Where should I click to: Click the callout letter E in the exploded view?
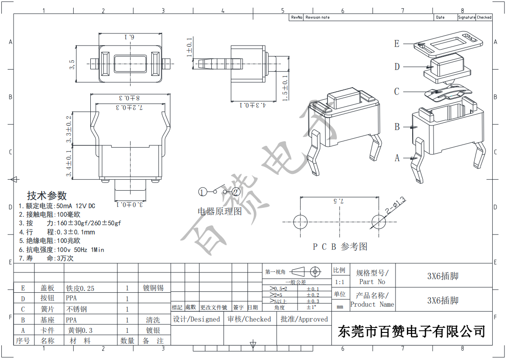point(396,44)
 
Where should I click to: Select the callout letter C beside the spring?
point(396,92)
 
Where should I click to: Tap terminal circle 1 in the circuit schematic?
point(202,192)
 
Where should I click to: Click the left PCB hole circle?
point(300,222)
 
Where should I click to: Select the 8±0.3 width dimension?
point(130,98)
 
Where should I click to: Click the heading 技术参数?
point(47,196)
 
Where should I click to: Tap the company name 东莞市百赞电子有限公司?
point(411,331)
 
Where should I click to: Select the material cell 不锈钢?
point(76,309)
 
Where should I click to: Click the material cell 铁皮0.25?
point(80,288)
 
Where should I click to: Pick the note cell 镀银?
point(154,331)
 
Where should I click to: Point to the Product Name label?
point(372,304)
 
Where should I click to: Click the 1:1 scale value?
point(339,282)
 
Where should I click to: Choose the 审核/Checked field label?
point(249,319)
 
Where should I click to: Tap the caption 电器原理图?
point(220,211)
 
